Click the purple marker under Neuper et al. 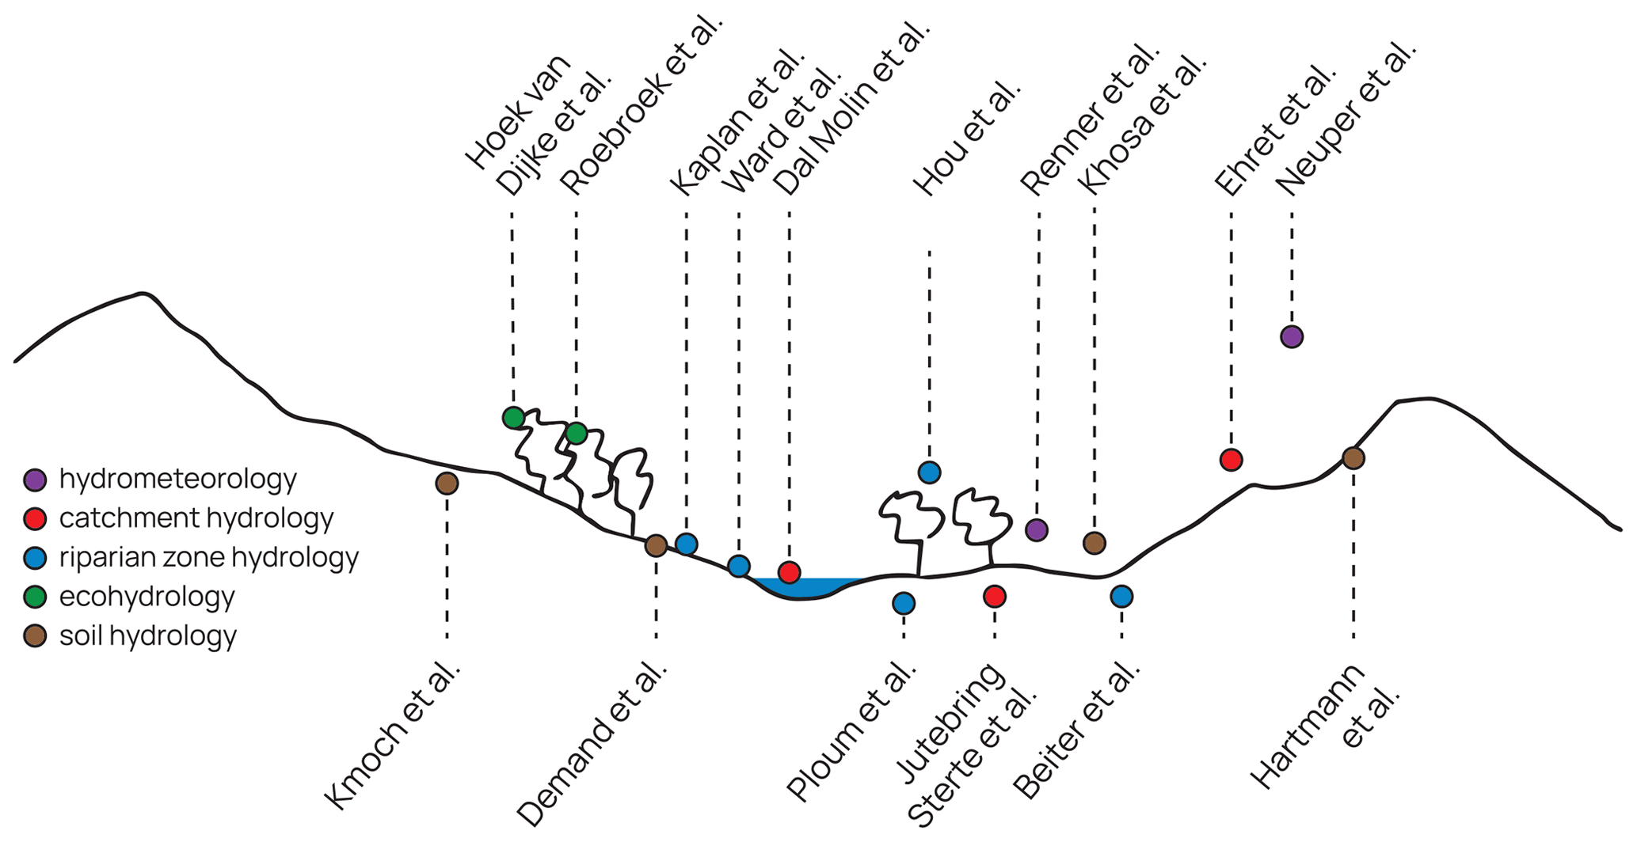point(1292,336)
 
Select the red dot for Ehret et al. point(1231,459)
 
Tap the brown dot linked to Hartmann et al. point(1353,457)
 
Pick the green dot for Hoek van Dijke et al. point(513,417)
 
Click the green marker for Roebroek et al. point(577,433)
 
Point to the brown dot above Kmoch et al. point(447,483)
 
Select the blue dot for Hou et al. point(929,472)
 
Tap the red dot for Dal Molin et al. point(789,571)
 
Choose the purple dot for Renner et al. point(1037,529)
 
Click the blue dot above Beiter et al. point(1121,596)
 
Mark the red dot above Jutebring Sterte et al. point(995,596)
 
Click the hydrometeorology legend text point(177,479)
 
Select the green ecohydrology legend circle point(35,597)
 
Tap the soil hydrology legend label point(147,635)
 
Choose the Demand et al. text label point(592,744)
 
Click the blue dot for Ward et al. point(739,566)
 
